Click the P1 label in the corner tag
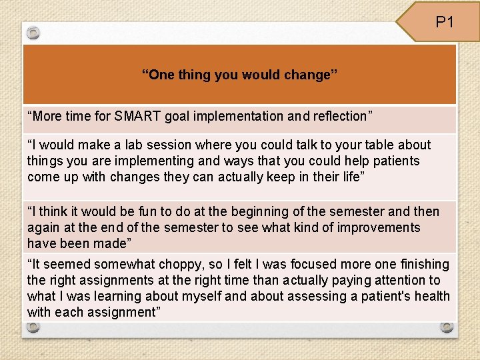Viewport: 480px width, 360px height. pos(445,22)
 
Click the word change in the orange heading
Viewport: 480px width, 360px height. pos(311,75)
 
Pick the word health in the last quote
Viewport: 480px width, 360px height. pos(432,296)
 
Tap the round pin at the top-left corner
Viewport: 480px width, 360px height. pos(33,33)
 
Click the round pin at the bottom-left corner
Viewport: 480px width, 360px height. pos(33,327)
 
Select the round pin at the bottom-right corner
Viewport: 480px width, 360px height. pos(446,327)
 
